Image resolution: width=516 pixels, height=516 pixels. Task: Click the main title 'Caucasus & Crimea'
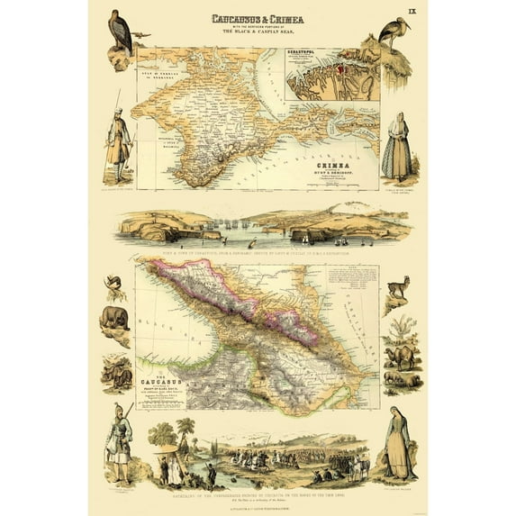click(x=258, y=18)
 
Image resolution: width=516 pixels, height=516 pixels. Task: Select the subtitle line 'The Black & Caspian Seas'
click(x=258, y=32)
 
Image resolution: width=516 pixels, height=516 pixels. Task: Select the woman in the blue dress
click(x=397, y=448)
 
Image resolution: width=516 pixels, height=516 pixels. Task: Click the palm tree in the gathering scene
click(x=186, y=429)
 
